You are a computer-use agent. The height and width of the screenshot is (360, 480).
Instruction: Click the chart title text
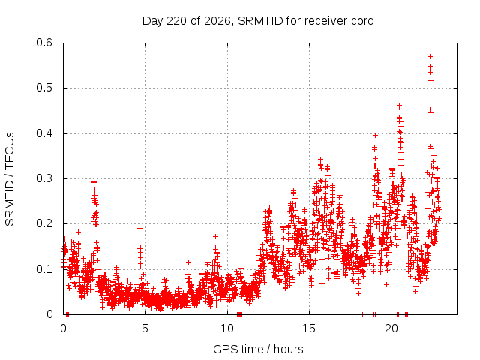(x=258, y=21)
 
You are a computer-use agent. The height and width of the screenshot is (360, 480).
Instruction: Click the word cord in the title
(x=363, y=21)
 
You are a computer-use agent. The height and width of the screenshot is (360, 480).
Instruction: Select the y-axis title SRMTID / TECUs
(x=10, y=179)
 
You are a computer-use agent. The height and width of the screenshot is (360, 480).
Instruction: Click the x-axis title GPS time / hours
(x=258, y=349)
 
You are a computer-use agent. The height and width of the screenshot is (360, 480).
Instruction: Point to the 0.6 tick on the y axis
(x=44, y=43)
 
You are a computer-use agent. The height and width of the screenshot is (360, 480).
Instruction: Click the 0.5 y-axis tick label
(x=44, y=88)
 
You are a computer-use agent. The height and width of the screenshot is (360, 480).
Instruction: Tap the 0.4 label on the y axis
(x=44, y=133)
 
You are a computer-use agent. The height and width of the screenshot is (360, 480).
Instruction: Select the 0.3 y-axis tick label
(x=44, y=178)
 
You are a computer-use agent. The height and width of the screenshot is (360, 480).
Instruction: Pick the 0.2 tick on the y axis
(x=44, y=223)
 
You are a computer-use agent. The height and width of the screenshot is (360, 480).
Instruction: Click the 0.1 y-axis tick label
(x=44, y=269)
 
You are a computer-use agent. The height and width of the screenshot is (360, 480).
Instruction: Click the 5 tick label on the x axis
(x=145, y=328)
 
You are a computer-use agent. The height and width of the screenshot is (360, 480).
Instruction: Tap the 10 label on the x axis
(x=227, y=328)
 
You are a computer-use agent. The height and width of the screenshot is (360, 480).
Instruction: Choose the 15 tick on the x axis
(x=309, y=328)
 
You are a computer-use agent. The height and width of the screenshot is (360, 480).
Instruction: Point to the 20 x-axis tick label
(x=391, y=328)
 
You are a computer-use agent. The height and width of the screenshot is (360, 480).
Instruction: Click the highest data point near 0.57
(x=430, y=57)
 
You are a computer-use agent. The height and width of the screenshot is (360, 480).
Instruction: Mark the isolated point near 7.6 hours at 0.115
(x=188, y=262)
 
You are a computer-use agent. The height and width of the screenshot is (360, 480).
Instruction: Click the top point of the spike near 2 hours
(x=94, y=182)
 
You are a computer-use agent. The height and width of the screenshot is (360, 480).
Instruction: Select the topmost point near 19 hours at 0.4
(x=375, y=135)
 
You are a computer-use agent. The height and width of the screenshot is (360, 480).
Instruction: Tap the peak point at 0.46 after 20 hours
(x=399, y=106)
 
